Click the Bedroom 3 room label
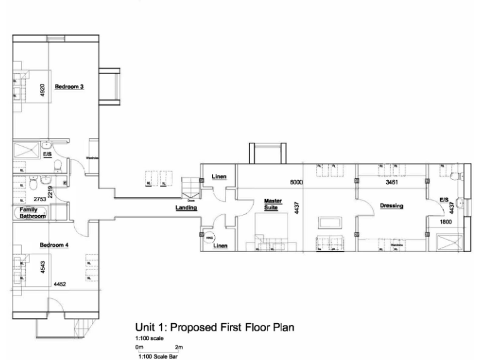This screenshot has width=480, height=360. [x=69, y=87]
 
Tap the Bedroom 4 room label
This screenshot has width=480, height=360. [x=54, y=245]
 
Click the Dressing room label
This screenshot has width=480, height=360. [x=391, y=206]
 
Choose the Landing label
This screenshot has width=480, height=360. [x=187, y=207]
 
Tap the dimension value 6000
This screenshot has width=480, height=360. [x=296, y=182]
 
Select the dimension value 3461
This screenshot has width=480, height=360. [x=391, y=182]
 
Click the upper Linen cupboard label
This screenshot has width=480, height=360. [x=219, y=177]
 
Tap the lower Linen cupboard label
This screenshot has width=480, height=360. [x=219, y=246]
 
